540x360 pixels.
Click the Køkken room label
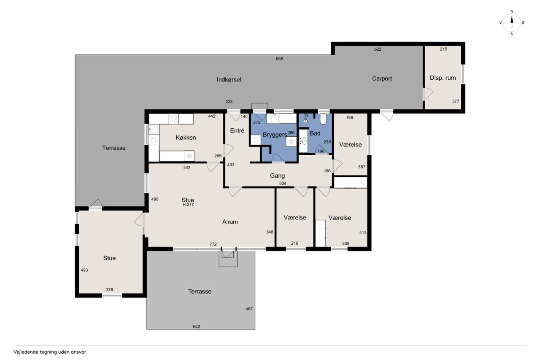[186, 138]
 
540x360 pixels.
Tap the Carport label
[382, 78]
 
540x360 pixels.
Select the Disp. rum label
[443, 78]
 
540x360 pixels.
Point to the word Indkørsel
[229, 80]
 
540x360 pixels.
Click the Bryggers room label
[275, 135]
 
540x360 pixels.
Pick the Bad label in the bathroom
[315, 133]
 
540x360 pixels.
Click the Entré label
[237, 131]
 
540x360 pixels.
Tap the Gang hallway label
[277, 176]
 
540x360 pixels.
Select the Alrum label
[230, 222]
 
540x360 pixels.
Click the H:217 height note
[188, 205]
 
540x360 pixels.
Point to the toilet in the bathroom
[323, 119]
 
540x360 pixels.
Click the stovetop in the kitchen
[173, 119]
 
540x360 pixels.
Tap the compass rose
[512, 23]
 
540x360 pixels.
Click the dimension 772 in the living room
[213, 244]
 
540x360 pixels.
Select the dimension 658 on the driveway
[279, 59]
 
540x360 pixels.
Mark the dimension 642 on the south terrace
[197, 327]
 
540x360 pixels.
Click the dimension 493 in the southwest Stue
[84, 270]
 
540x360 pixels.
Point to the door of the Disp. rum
[428, 94]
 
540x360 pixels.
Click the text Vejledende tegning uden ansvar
[50, 352]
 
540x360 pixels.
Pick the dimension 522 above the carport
[378, 49]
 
